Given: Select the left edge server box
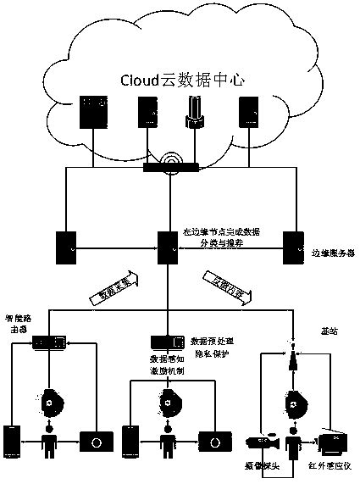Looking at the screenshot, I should point(65,247).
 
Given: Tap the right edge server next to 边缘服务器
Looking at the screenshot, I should point(293,247).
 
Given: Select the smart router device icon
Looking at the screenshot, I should point(48,342).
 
